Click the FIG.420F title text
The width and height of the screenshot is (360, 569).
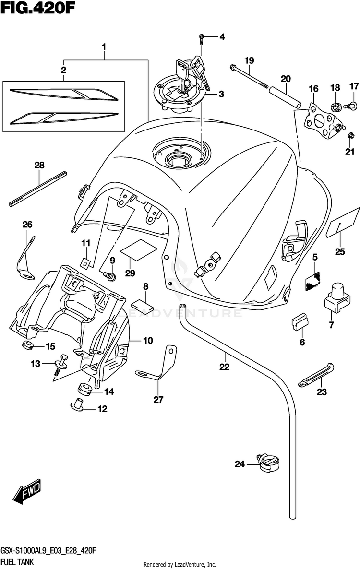click(x=38, y=8)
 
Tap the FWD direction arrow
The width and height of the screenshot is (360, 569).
click(x=27, y=492)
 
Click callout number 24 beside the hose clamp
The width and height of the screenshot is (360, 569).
click(x=240, y=464)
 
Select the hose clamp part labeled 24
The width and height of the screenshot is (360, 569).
click(x=268, y=463)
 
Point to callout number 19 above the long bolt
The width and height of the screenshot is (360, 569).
click(x=249, y=60)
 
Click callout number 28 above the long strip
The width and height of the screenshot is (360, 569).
click(x=39, y=165)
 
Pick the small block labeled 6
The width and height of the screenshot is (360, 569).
click(x=300, y=322)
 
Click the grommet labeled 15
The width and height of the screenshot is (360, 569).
click(x=27, y=345)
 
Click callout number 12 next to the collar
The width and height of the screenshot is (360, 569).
click(x=103, y=409)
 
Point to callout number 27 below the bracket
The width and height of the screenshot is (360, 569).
click(x=158, y=400)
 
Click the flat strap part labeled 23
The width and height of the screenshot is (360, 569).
click(x=316, y=375)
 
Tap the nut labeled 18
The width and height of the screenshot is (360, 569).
click(x=335, y=107)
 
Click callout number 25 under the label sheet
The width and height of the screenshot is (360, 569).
click(x=340, y=251)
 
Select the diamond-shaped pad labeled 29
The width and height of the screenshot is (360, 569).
click(x=139, y=249)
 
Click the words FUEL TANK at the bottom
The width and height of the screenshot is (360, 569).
click(x=17, y=562)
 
